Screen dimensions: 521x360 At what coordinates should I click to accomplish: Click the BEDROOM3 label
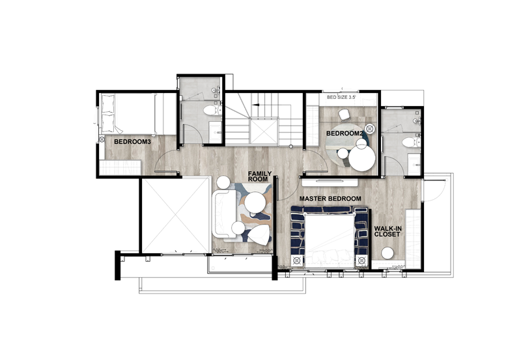pyautogui.click(x=132, y=142)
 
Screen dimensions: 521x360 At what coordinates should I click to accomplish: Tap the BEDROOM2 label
pyautogui.click(x=345, y=133)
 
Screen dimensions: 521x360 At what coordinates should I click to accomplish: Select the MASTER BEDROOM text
pyautogui.click(x=330, y=199)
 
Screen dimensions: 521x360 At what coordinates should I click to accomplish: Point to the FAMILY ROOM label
pyautogui.click(x=259, y=176)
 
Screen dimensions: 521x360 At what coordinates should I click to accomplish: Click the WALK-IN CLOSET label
pyautogui.click(x=387, y=232)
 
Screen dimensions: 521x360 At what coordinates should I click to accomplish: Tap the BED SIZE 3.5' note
pyautogui.click(x=341, y=97)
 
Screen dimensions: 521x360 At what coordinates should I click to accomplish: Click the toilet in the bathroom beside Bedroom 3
pyautogui.click(x=210, y=110)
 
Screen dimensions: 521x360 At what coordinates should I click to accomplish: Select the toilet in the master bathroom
pyautogui.click(x=410, y=143)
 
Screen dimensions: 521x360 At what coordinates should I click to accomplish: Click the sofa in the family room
pyautogui.click(x=224, y=214)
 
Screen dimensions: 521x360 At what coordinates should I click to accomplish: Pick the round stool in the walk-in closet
pyautogui.click(x=387, y=253)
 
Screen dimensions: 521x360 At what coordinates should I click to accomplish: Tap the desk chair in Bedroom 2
pyautogui.click(x=345, y=115)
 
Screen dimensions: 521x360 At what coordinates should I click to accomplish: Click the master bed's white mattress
pyautogui.click(x=329, y=239)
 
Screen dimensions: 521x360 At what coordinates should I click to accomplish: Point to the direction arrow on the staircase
pyautogui.click(x=255, y=105)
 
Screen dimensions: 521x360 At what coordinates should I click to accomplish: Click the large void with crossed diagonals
pyautogui.click(x=175, y=216)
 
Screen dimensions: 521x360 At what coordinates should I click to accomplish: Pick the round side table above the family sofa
pyautogui.click(x=223, y=182)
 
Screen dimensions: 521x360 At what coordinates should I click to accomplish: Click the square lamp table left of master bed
pyautogui.click(x=297, y=260)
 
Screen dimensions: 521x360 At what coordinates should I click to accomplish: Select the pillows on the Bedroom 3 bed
pyautogui.click(x=108, y=113)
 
